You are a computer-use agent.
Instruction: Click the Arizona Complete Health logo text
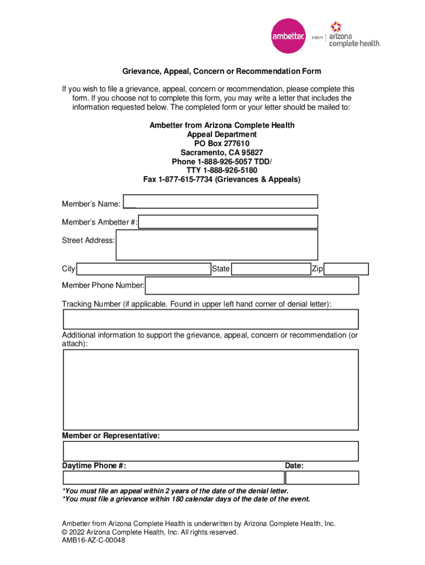click(354, 35)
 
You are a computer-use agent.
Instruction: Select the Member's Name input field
click(220, 201)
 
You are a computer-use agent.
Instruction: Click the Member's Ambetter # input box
click(228, 222)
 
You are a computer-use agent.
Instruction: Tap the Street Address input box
click(216, 244)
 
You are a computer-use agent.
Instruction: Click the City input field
click(143, 269)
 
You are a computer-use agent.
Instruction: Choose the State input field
click(270, 269)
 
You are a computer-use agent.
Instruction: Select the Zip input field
click(346, 269)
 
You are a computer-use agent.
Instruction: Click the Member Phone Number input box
click(252, 285)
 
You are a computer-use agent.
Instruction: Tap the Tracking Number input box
click(210, 319)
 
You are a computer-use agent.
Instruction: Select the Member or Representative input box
click(210, 451)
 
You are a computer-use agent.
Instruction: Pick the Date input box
click(322, 477)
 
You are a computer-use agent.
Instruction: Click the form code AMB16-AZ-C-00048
click(93, 541)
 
